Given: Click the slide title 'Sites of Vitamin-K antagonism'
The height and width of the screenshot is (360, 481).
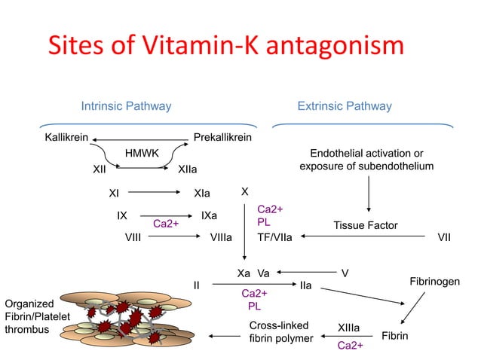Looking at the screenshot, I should [225, 47].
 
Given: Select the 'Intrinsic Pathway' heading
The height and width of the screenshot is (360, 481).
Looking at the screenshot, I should [126, 106].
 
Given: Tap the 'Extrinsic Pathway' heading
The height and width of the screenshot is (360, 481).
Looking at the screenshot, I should [345, 106].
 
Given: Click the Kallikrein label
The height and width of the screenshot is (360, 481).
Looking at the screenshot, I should [67, 139].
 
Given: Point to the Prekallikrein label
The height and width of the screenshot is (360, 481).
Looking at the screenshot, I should [222, 139].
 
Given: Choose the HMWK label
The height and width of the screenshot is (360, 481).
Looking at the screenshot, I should [142, 154].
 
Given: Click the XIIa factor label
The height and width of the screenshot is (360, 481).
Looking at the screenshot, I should [188, 169].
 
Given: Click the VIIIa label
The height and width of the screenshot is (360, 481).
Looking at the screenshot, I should [220, 238].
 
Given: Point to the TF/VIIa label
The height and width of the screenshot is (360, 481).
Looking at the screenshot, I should [275, 238].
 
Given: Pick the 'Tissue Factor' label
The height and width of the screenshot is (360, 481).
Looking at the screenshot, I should [365, 225].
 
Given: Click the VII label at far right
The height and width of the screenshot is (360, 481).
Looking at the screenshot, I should [444, 238].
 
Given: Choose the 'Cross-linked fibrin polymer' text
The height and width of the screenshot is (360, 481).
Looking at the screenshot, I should [280, 332].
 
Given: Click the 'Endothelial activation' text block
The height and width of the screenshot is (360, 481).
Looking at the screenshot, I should [366, 160].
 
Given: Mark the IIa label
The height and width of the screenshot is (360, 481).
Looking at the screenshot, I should [306, 286].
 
